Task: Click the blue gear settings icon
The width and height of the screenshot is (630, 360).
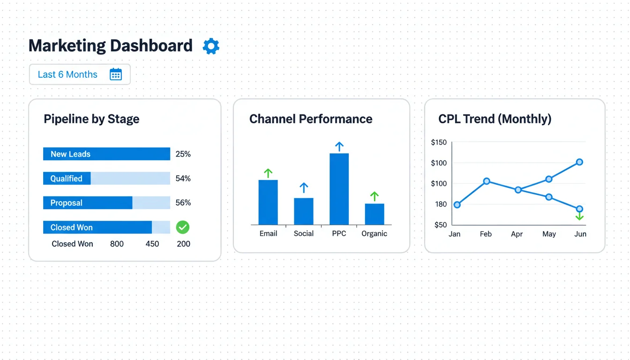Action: tap(211, 46)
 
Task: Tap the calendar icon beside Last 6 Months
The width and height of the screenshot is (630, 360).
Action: tap(116, 75)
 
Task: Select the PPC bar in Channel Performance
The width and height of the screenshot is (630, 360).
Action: tap(339, 189)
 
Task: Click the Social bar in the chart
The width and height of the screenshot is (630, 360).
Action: tap(304, 211)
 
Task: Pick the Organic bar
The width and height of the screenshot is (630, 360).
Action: tap(375, 214)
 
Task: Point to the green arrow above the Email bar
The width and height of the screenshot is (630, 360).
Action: tap(268, 173)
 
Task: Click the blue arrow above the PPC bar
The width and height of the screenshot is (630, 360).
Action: tap(339, 146)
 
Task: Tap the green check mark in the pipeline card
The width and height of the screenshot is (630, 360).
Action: tap(182, 227)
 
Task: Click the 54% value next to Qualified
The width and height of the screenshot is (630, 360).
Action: tap(183, 179)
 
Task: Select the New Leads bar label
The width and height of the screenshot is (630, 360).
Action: tap(70, 154)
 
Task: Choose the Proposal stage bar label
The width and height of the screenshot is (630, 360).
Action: tap(67, 203)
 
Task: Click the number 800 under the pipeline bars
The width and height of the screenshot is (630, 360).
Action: tap(117, 244)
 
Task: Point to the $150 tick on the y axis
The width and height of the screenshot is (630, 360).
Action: tap(439, 142)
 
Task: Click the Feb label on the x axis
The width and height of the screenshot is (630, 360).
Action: tap(486, 233)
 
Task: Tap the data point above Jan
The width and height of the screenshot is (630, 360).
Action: tap(457, 205)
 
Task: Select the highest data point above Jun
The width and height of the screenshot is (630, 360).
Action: tap(579, 162)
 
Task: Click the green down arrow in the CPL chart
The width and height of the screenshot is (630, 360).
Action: tap(579, 217)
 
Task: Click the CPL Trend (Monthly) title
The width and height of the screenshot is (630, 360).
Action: tap(495, 119)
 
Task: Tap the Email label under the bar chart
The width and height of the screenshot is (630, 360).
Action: tap(268, 233)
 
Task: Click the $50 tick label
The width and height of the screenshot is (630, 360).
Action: tap(441, 225)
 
